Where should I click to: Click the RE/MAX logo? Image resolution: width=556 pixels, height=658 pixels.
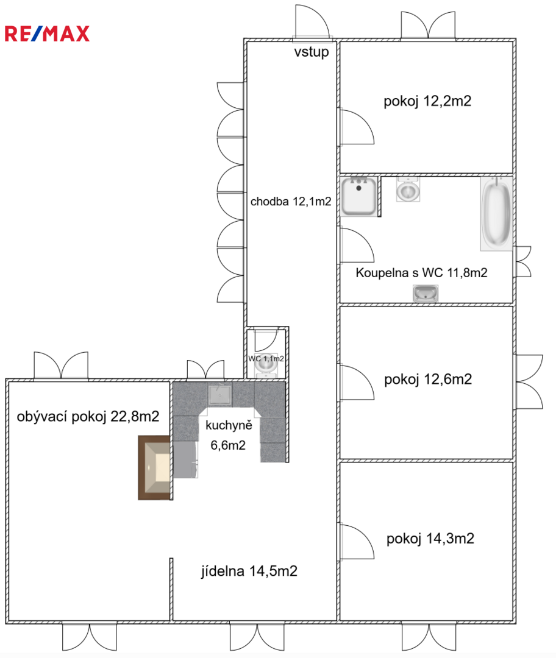[47, 34]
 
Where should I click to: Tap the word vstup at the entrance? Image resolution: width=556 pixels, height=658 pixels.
[311, 52]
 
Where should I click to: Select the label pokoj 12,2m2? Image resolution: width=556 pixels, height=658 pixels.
[427, 101]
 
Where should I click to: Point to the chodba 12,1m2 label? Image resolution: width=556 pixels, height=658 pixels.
[291, 202]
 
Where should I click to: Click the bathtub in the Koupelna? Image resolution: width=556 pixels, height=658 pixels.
[496, 214]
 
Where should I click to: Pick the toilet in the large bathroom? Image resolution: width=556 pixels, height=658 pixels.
[408, 189]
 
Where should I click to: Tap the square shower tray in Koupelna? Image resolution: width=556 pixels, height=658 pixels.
[358, 196]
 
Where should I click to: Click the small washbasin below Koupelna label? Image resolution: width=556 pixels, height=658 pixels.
[426, 293]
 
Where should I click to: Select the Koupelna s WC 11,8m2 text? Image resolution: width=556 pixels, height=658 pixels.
[421, 273]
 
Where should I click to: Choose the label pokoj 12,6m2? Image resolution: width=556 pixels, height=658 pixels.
[428, 380]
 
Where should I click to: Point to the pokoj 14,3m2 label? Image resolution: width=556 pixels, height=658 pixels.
[430, 539]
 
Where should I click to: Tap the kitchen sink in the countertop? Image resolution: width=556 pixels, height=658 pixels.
[219, 395]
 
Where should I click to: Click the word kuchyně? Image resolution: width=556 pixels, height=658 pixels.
[229, 425]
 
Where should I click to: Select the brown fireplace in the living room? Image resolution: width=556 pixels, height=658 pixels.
[154, 467]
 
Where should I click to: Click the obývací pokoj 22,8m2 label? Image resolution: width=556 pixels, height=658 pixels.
[88, 417]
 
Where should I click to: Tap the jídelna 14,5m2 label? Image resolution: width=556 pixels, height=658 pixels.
[249, 571]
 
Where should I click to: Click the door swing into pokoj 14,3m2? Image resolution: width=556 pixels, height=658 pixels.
[357, 542]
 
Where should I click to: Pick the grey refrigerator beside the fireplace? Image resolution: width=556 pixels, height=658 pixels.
[185, 459]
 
